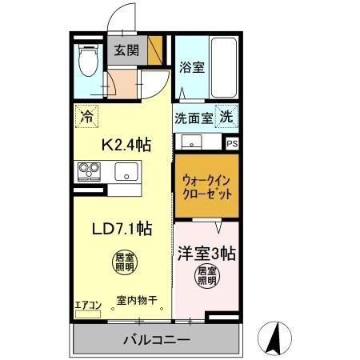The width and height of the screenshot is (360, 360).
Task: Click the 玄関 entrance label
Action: (126, 50)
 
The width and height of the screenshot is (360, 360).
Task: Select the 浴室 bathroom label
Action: (192, 68)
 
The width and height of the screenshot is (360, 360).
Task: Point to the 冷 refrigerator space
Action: (86, 116)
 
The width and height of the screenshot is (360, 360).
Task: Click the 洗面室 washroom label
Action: (194, 118)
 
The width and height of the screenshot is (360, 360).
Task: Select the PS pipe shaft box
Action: (232, 144)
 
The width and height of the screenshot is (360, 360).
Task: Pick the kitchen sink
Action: (126, 171)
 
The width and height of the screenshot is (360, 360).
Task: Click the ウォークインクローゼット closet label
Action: (206, 188)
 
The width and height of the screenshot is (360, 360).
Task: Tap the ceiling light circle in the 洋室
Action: (207, 277)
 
